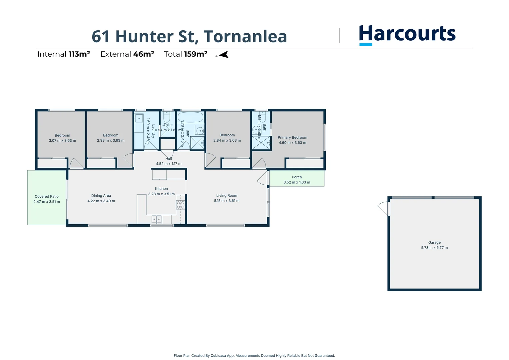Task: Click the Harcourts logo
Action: click(x=407, y=34)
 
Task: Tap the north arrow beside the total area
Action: click(x=224, y=55)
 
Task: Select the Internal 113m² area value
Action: click(x=79, y=54)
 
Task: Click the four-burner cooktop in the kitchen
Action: click(x=180, y=205)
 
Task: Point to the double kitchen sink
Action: click(x=157, y=219)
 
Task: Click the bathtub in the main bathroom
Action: click(x=190, y=117)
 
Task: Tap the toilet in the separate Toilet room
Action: click(x=167, y=117)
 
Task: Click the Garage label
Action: click(x=434, y=242)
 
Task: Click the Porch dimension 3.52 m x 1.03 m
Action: click(x=296, y=182)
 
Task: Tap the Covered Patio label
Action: click(x=47, y=196)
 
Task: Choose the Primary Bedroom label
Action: click(x=292, y=137)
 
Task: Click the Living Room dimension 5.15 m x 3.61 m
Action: click(x=227, y=201)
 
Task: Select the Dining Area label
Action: click(x=101, y=196)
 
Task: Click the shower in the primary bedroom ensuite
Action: click(x=261, y=143)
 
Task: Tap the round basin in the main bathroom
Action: click(x=200, y=130)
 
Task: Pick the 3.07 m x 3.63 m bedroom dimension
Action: click(x=62, y=140)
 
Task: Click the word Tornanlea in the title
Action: click(x=245, y=37)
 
